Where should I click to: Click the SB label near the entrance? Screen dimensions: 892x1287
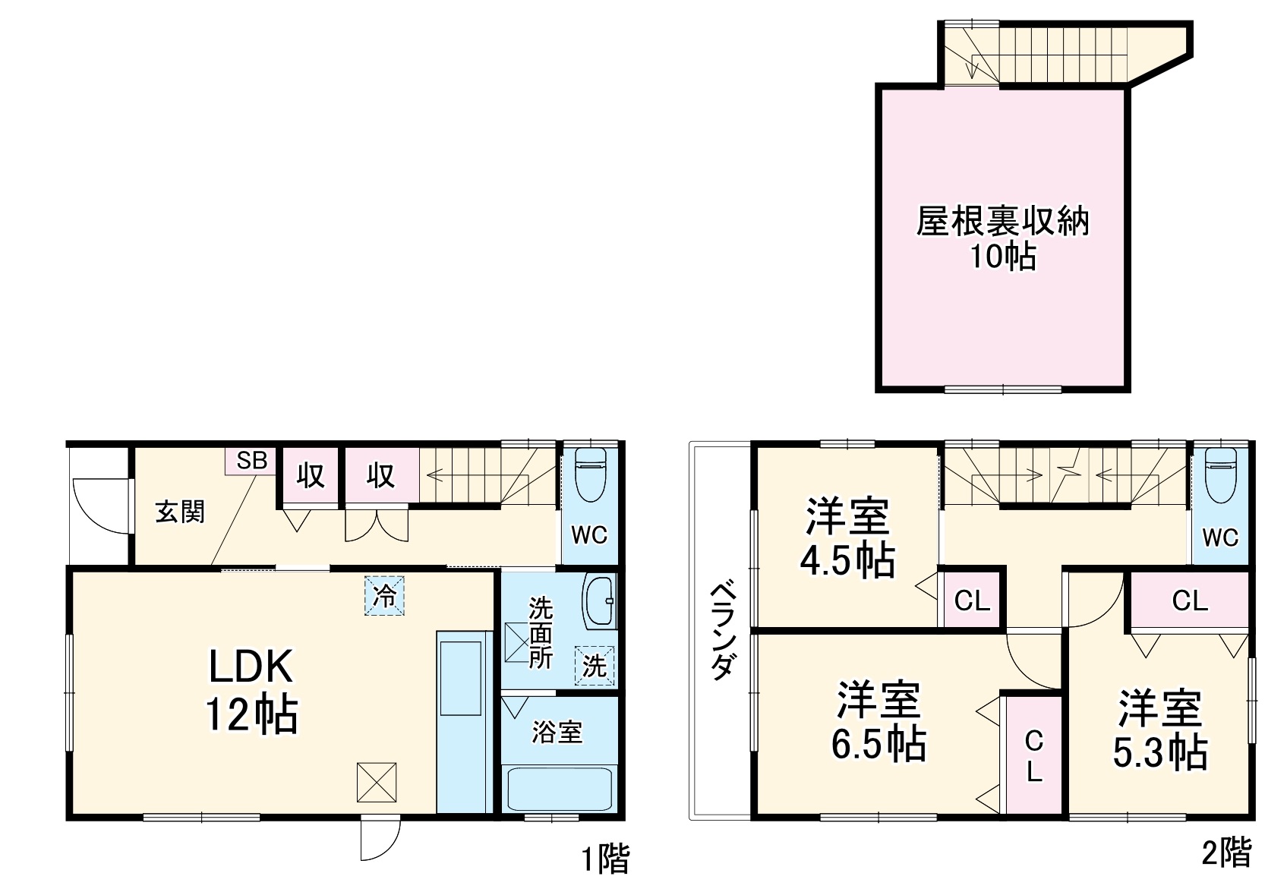pos(251,461)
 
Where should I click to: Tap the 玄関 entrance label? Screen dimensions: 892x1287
pos(180,512)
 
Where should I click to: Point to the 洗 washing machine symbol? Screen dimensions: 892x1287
pos(594,666)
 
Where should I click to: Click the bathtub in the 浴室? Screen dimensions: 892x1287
pos(559,789)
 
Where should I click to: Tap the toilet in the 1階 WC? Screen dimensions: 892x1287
pos(590,474)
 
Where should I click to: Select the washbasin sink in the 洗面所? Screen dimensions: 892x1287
pos(599,602)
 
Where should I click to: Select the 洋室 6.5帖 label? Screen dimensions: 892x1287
pos(879,721)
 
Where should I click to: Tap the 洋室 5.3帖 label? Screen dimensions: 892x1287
pos(1159,729)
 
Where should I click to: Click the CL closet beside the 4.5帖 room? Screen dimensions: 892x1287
pos(972,600)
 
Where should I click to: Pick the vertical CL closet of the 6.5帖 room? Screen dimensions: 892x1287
pos(1033,756)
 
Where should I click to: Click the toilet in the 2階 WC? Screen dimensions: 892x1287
pos(1220,474)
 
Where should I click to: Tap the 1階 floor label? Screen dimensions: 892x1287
pos(605,859)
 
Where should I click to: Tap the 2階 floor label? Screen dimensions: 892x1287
pos(1226,853)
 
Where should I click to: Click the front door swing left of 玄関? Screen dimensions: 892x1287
pos(99,506)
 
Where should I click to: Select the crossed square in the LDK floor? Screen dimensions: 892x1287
pos(377,783)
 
